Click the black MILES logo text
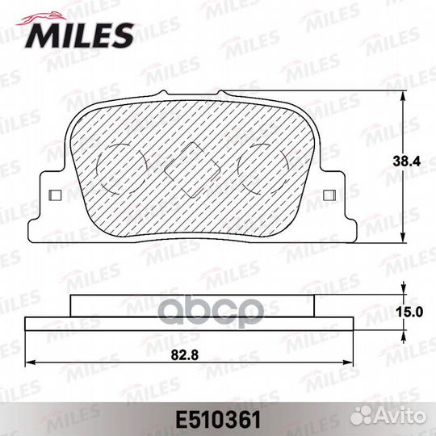(x=79, y=36)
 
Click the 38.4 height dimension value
(x=407, y=161)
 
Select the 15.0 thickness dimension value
(x=409, y=312)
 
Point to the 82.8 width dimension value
(x=185, y=354)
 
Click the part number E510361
(x=218, y=420)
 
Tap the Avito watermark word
(x=400, y=417)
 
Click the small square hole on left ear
(x=55, y=195)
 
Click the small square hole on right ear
(x=329, y=195)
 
